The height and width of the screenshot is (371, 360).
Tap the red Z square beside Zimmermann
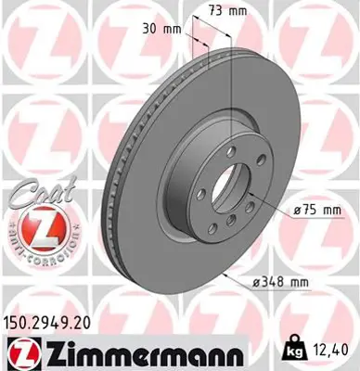pos(19,353)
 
